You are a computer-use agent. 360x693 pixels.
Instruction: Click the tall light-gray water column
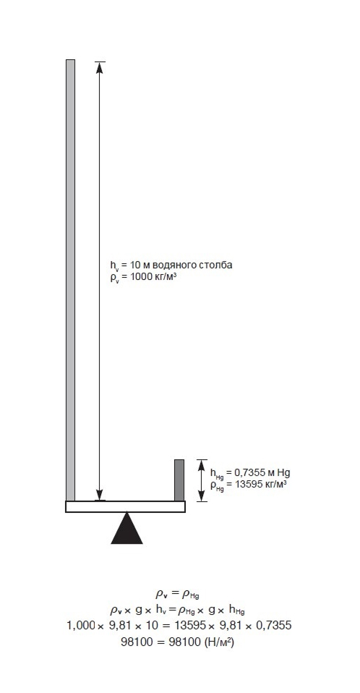[x=71, y=280]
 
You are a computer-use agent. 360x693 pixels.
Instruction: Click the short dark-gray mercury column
[x=179, y=480]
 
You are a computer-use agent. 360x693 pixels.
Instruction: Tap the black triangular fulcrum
[x=127, y=527]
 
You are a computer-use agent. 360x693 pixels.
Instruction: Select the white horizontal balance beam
[x=126, y=506]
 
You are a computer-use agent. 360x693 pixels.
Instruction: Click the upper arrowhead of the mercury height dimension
[x=202, y=465]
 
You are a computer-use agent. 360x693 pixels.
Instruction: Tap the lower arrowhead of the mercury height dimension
[x=202, y=496]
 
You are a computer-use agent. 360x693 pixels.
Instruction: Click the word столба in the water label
[x=215, y=265]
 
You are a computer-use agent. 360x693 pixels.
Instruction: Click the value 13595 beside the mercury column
[x=249, y=483]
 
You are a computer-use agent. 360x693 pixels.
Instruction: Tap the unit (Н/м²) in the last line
[x=219, y=642]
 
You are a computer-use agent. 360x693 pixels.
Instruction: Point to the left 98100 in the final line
[x=136, y=642]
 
